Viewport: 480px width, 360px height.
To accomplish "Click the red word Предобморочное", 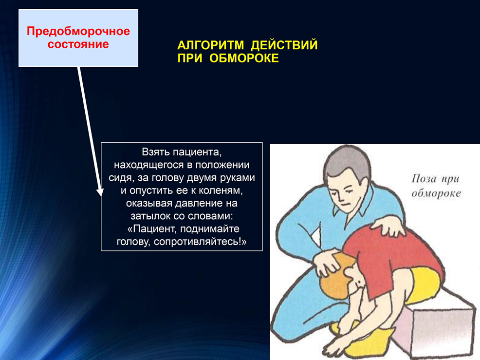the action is pyautogui.click(x=78, y=31).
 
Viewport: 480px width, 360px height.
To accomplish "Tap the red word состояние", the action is pyautogui.click(x=78, y=44).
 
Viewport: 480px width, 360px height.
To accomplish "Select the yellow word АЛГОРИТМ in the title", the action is pyautogui.click(x=211, y=45).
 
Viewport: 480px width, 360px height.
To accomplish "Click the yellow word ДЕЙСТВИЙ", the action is pyautogui.click(x=284, y=45).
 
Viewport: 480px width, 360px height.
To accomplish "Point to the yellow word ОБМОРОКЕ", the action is pyautogui.click(x=244, y=58).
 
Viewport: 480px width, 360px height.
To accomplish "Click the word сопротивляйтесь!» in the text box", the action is pyautogui.click(x=200, y=242).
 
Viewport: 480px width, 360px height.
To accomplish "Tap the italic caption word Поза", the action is pyautogui.click(x=423, y=179).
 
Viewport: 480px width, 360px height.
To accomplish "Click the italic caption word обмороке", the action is pyautogui.click(x=436, y=193).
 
